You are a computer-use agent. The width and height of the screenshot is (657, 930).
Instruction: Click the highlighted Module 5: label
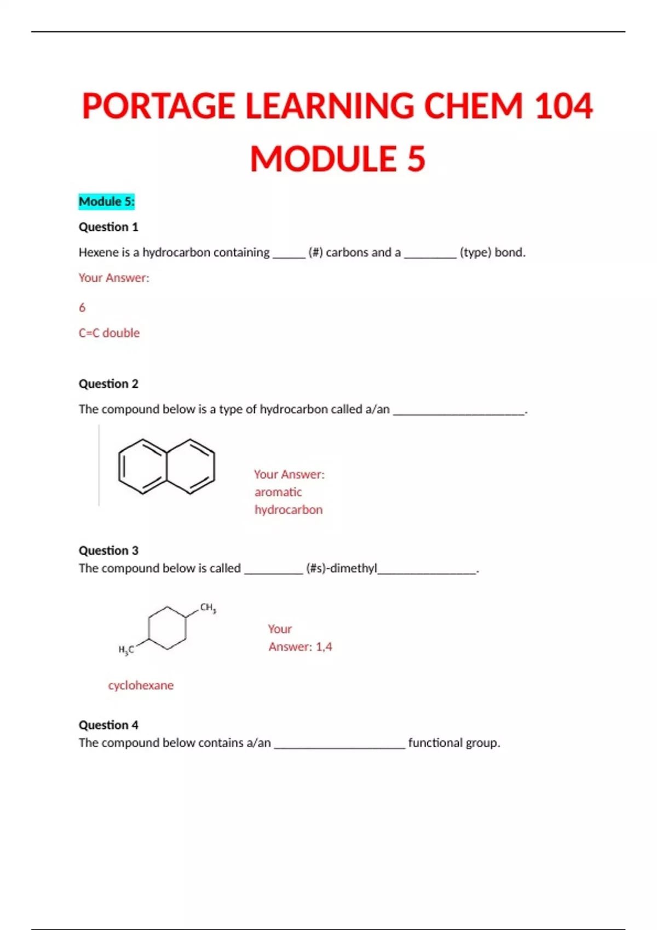pyautogui.click(x=106, y=202)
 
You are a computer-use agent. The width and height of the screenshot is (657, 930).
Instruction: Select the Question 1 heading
pyautogui.click(x=108, y=227)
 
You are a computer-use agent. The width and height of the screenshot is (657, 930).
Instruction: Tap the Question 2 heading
pyautogui.click(x=108, y=384)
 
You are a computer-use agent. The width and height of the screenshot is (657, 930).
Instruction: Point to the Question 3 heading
pyautogui.click(x=108, y=550)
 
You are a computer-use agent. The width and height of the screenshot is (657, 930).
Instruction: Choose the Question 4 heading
pyautogui.click(x=108, y=725)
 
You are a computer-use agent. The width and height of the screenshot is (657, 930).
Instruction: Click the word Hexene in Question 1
pyautogui.click(x=96, y=253)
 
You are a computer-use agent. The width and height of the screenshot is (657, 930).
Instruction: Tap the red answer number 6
pyautogui.click(x=82, y=307)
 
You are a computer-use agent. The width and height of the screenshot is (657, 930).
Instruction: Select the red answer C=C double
pyautogui.click(x=109, y=333)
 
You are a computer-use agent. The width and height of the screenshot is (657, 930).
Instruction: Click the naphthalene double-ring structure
pyautogui.click(x=166, y=467)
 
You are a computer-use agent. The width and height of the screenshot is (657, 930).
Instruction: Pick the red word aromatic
pyautogui.click(x=278, y=492)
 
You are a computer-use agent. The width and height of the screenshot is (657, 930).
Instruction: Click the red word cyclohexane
pyautogui.click(x=141, y=685)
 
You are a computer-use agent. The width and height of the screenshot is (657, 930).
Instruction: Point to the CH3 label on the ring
pyautogui.click(x=208, y=608)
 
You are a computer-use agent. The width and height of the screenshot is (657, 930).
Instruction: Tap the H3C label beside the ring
pyautogui.click(x=126, y=650)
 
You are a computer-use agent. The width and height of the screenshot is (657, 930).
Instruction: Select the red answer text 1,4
pyautogui.click(x=324, y=647)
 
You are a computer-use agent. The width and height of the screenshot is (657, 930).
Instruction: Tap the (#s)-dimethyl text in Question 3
pyautogui.click(x=342, y=568)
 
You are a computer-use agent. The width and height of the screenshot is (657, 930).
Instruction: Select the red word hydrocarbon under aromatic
pyautogui.click(x=289, y=510)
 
